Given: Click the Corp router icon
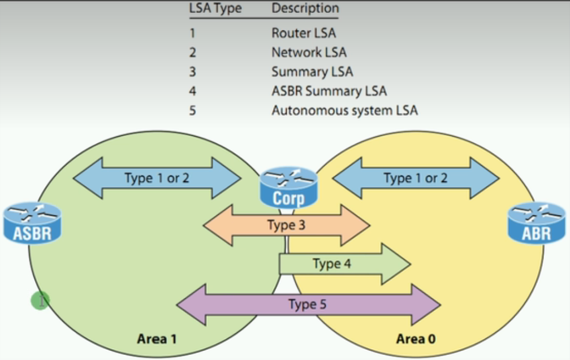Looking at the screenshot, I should point(288,188).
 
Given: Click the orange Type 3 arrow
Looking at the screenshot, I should point(287,225).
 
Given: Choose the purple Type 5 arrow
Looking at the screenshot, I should point(308,305).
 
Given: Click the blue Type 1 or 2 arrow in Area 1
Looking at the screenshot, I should point(157,179).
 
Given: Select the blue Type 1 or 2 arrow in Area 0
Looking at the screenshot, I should point(416,179).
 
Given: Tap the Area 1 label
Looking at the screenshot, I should point(157,339).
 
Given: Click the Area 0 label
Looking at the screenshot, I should point(416,339).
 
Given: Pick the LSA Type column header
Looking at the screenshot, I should point(215,9).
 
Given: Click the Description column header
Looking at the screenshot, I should point(305,9).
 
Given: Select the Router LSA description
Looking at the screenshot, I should point(303,33).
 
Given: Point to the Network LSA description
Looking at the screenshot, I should point(309,53).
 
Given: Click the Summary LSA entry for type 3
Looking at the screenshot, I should point(312,72).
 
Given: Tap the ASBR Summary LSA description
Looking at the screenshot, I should point(329,91).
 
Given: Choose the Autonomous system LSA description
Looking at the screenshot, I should point(344,110).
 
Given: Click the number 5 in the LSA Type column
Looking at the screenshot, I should point(193,110).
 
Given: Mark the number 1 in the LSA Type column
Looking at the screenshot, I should point(193,33).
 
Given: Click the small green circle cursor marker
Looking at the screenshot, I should point(40,300).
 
